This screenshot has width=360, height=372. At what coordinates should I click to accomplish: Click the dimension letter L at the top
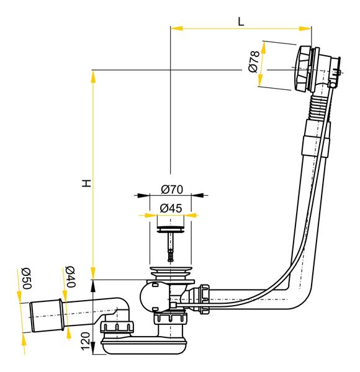241,22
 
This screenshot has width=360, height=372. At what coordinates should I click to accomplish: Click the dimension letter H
87,183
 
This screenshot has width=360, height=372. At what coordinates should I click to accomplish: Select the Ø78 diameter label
254,61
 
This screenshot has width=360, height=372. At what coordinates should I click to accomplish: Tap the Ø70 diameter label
172,189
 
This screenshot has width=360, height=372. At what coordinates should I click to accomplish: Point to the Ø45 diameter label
171,208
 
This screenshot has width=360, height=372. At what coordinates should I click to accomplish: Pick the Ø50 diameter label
26,278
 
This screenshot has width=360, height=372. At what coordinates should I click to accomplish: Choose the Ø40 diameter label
70,277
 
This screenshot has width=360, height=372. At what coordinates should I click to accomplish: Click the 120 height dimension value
86,341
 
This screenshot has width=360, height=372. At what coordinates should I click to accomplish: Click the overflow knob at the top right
303,69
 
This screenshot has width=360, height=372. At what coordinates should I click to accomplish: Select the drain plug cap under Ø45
171,229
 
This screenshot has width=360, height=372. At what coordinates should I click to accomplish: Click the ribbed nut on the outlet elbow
117,327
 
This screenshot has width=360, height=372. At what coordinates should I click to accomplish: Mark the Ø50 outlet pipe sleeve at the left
47,315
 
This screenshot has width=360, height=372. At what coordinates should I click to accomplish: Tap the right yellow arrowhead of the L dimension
305,29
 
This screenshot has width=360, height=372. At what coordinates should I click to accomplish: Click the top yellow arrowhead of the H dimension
93,77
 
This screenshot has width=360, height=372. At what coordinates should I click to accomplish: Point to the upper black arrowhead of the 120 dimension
93,286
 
